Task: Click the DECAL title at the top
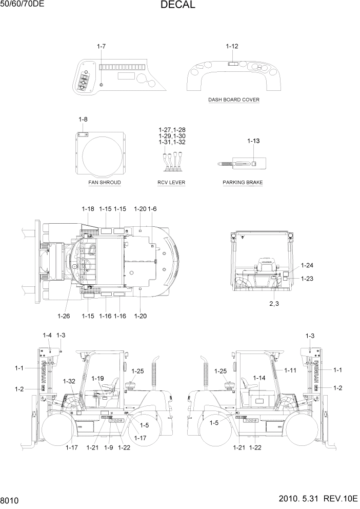click(177, 5)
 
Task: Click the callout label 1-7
click(101, 47)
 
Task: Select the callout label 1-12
click(232, 46)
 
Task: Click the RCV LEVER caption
click(171, 182)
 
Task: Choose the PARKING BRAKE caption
click(243, 182)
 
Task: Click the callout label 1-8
click(83, 120)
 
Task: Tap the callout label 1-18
click(88, 209)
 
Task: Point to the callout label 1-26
click(64, 316)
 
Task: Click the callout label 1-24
click(307, 265)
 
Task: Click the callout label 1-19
click(98, 378)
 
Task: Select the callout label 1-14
click(259, 378)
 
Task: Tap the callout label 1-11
click(291, 370)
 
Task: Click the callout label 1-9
click(108, 447)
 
